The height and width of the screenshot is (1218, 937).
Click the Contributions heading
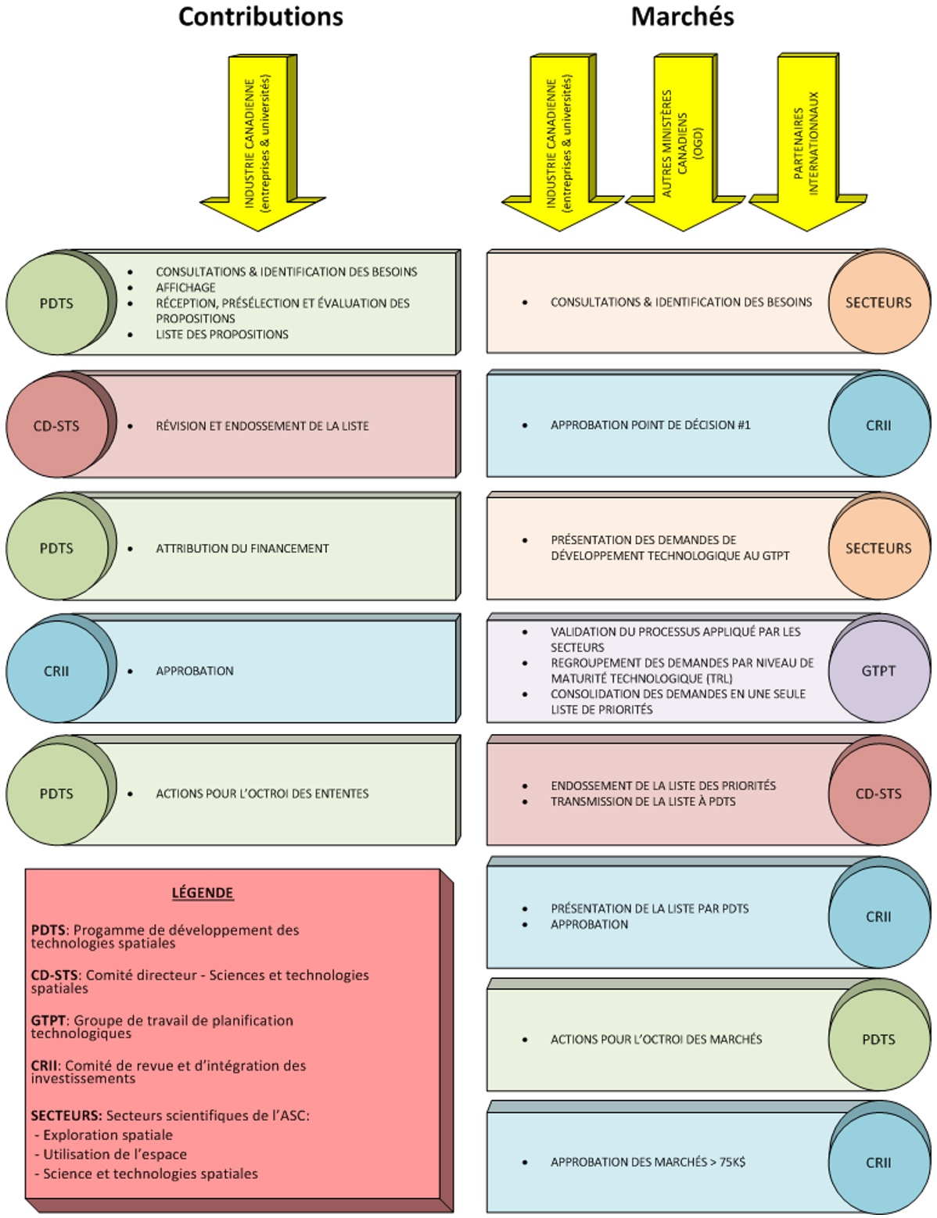tap(260, 17)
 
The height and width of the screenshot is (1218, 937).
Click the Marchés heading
tap(682, 17)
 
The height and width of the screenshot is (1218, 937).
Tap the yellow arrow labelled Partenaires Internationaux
tap(806, 145)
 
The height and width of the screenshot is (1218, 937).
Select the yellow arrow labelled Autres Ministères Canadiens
tap(683, 145)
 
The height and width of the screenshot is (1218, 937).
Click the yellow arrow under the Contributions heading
tap(261, 145)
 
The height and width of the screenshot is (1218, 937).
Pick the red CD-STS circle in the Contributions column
tap(56, 426)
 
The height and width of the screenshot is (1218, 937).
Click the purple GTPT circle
tap(878, 671)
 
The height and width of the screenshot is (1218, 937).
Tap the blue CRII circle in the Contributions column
tap(56, 671)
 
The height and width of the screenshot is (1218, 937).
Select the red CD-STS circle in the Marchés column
tap(878, 793)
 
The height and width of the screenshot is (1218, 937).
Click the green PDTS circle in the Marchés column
tap(878, 1039)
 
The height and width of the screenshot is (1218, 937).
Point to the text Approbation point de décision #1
tap(650, 425)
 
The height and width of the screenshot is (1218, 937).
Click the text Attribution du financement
tap(242, 549)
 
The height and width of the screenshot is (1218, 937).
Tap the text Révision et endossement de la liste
tap(262, 426)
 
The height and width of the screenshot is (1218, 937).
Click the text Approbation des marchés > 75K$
tap(648, 1162)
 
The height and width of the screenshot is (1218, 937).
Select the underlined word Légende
tap(203, 893)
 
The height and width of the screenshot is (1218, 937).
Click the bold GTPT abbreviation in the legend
tap(48, 1020)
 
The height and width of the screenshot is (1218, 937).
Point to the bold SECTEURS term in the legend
tap(66, 1116)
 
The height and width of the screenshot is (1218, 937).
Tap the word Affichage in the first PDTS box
tap(185, 288)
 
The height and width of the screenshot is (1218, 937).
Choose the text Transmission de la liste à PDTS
tap(643, 801)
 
